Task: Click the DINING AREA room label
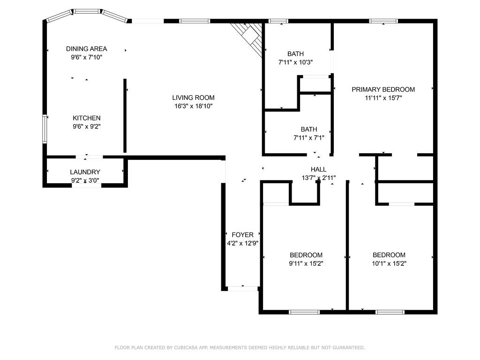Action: (86, 49)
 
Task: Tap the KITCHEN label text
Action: (86, 118)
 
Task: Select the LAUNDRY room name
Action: (85, 172)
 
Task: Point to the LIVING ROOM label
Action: (193, 97)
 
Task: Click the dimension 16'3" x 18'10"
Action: (193, 106)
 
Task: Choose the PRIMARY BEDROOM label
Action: (383, 90)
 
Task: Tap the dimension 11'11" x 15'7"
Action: (383, 98)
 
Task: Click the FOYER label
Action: (242, 235)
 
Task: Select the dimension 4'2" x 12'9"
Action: (242, 243)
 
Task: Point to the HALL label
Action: (318, 169)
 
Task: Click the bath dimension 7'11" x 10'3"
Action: (295, 62)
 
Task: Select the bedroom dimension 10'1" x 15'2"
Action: (389, 263)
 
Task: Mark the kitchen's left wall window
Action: (45, 129)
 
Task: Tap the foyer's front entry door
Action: (242, 288)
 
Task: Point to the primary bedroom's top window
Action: (383, 21)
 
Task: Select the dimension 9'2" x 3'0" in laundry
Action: (85, 180)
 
